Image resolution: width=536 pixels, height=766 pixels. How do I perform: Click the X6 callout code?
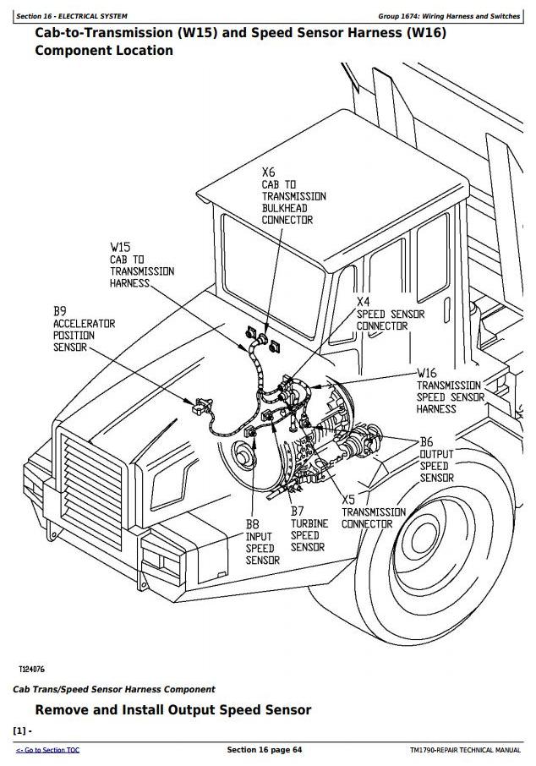coord(269,172)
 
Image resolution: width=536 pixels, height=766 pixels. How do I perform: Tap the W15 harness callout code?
coord(120,248)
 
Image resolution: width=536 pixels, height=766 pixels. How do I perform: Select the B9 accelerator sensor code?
coord(61,311)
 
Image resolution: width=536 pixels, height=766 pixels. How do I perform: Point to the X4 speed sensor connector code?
coord(363,302)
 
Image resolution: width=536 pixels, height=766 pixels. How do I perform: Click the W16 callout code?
coord(427,373)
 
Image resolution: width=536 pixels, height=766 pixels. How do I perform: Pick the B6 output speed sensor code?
coord(427,442)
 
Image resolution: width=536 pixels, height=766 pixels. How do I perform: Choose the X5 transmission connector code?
coord(349,500)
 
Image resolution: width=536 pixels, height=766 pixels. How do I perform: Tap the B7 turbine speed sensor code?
coord(298,511)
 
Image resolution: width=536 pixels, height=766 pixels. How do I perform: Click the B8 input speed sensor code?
coord(253,523)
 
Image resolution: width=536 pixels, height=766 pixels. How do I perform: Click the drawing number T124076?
coord(32,669)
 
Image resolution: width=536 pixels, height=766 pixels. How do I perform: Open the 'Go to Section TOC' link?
coord(47,750)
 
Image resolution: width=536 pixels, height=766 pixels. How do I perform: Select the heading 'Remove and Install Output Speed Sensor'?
coord(172,710)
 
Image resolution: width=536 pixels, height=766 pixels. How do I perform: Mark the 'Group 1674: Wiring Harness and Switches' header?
coord(449,16)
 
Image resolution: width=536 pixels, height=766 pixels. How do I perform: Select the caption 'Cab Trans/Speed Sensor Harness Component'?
coord(114,689)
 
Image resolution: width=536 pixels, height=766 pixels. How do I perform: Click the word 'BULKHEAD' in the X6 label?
coord(285,208)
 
